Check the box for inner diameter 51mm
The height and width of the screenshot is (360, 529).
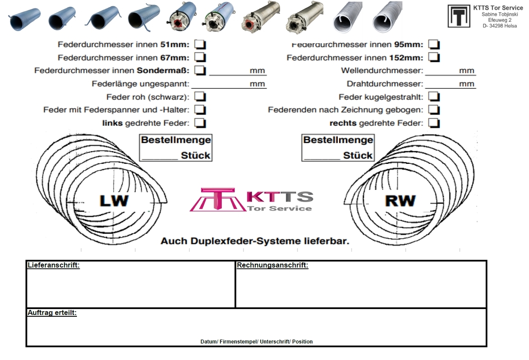tap(200, 45)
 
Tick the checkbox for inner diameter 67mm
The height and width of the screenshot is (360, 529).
tap(200, 58)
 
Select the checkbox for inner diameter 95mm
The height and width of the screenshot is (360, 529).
tap(434, 45)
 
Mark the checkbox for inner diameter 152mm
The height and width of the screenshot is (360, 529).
tap(434, 57)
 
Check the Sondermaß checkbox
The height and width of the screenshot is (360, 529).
tap(200, 71)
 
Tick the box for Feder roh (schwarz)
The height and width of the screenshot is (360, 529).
tap(200, 97)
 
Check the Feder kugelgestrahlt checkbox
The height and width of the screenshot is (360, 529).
tap(434, 96)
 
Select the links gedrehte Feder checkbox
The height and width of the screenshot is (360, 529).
tap(200, 123)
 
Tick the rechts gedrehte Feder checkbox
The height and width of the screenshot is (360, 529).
tap(434, 123)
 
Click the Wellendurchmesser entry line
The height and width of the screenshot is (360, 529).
tap(442, 71)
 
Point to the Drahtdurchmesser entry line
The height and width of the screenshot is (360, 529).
tap(442, 84)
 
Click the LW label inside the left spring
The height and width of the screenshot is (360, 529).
tap(114, 201)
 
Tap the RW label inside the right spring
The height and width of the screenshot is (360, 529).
tap(400, 201)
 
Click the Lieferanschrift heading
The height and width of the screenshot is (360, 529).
tap(54, 265)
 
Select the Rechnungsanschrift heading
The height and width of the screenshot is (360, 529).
tap(272, 265)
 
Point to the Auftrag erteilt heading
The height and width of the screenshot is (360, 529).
tap(52, 313)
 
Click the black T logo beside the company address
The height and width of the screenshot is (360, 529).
tap(458, 16)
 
